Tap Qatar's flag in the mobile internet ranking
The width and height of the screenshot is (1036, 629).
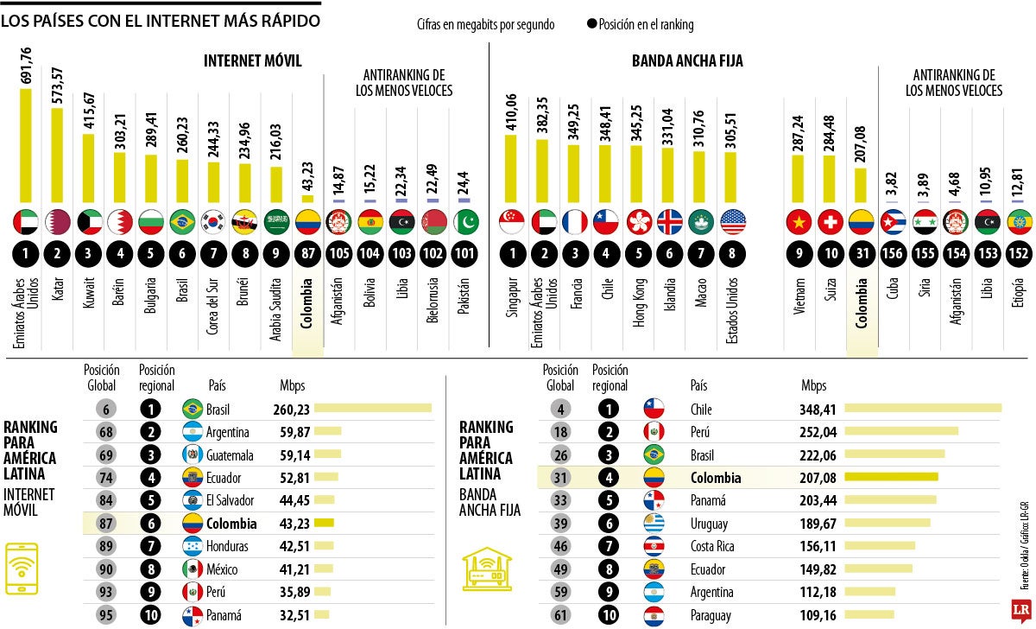pos(57,222)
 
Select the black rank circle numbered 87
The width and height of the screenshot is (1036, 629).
pos(308,255)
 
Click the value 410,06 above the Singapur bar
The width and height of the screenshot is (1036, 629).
pos(509,111)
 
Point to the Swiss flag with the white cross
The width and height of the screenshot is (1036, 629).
pos(830,222)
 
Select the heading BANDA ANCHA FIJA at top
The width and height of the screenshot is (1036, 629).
pos(687,60)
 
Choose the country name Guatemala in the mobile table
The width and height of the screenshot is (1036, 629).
pos(230,454)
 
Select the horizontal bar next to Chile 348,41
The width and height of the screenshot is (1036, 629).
pos(923,408)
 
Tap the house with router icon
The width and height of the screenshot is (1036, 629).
pos(490,571)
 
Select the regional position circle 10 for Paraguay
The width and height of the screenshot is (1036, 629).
pos(609,615)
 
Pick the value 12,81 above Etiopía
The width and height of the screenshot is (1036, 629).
pos(1020,182)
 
